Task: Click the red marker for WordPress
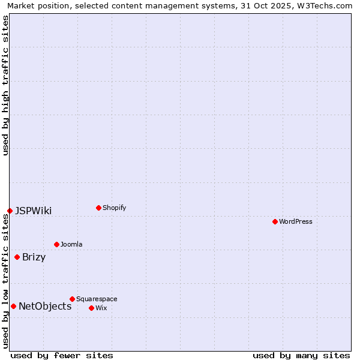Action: pos(275,221)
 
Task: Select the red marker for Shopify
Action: pos(98,208)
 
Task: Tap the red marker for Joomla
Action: pos(56,244)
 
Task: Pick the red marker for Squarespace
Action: pos(72,299)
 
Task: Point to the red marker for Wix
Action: pos(91,308)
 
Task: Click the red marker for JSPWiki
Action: pos(10,211)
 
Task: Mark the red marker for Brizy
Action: pos(17,257)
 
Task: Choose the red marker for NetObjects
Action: pos(13,306)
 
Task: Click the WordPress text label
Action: pos(296,221)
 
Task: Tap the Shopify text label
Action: pos(115,208)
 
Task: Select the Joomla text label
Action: pos(71,244)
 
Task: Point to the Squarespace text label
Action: pos(97,299)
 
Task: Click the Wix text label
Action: pos(101,308)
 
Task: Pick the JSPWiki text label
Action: pos(34,211)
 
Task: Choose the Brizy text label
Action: pos(34,257)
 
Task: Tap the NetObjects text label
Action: pos(45,306)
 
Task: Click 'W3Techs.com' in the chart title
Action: pos(326,5)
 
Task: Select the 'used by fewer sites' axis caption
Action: pos(62,355)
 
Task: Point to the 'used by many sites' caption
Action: pos(301,355)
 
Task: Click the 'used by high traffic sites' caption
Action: pos(5,86)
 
